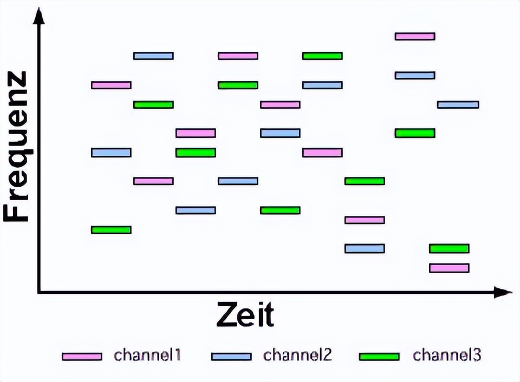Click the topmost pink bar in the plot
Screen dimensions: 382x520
coord(415,36)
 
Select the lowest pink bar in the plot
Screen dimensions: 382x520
coord(449,268)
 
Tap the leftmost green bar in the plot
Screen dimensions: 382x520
coord(111,229)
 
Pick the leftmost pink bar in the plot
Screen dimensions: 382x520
coord(111,85)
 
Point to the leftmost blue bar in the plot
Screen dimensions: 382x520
coord(111,153)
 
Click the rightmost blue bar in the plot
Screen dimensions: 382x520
coord(458,104)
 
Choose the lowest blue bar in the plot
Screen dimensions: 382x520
coord(365,248)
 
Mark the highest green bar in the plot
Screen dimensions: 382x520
coord(322,56)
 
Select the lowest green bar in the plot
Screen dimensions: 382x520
coord(449,248)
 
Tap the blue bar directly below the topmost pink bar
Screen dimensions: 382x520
coord(415,75)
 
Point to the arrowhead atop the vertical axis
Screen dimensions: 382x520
coord(38,16)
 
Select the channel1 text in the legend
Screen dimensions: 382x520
coord(147,355)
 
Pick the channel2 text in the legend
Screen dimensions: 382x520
coord(297,355)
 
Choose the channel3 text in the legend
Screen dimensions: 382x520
coord(447,355)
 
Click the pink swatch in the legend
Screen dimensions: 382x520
coord(82,357)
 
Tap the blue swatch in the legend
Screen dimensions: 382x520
coord(231,357)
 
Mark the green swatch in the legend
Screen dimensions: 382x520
coord(379,357)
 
